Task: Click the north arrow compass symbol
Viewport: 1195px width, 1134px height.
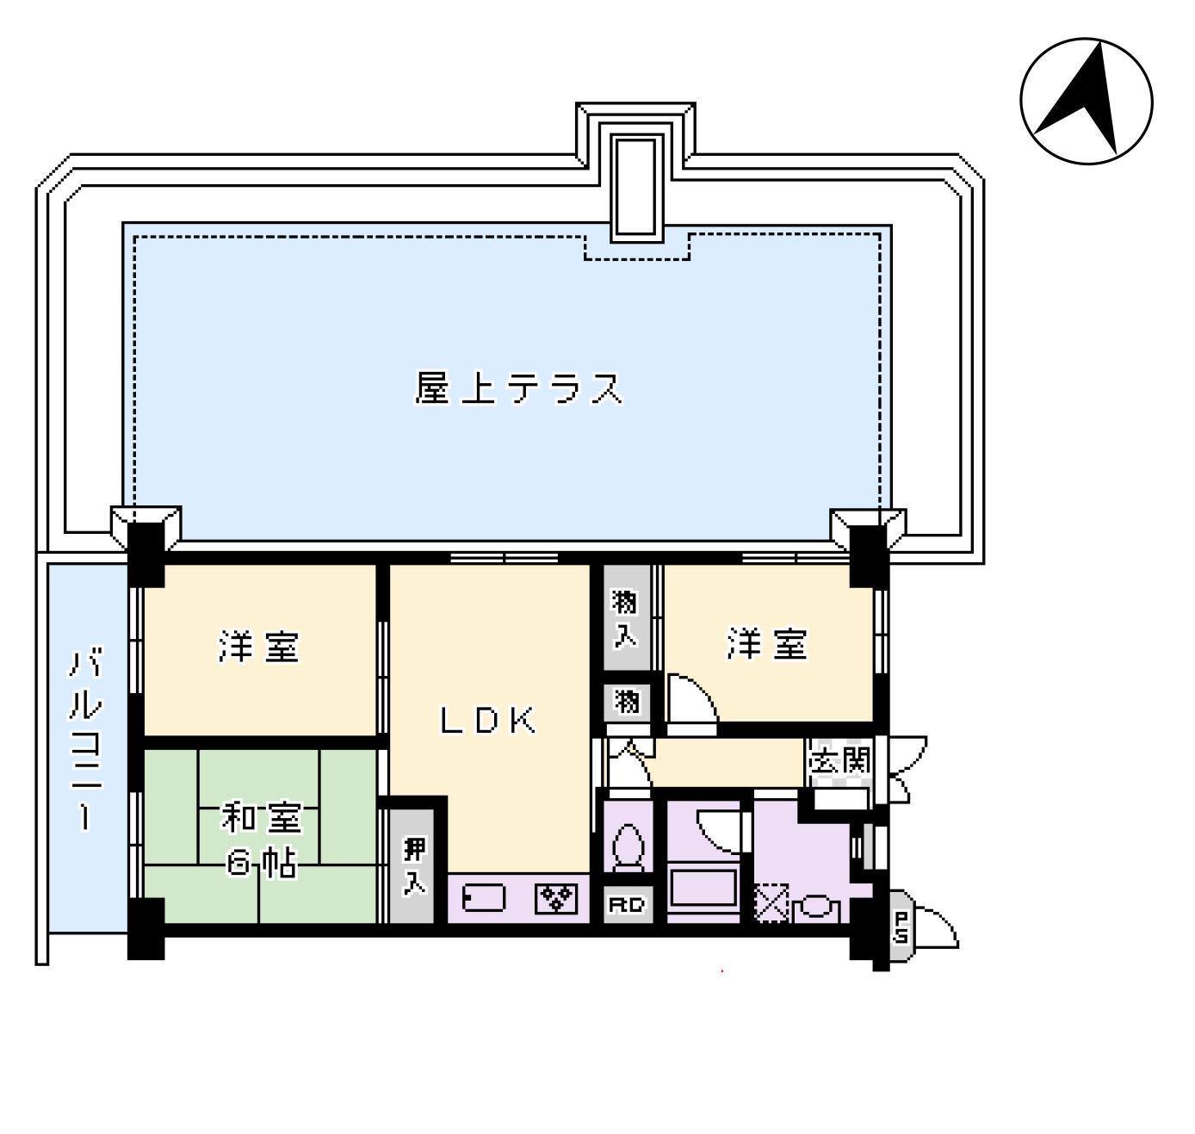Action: [1086, 101]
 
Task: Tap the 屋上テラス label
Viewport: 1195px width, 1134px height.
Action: [518, 389]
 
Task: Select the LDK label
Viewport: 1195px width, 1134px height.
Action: [488, 721]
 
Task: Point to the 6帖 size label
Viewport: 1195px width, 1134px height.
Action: [263, 864]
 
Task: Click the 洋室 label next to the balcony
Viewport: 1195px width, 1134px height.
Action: [258, 647]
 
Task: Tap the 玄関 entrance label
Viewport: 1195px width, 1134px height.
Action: [839, 760]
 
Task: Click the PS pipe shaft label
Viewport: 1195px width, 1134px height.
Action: [901, 927]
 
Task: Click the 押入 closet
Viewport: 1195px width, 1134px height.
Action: [415, 864]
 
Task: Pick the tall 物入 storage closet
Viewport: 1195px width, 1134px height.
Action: [625, 617]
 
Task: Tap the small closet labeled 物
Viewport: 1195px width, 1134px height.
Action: [627, 703]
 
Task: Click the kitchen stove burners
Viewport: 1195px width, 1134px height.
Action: [557, 899]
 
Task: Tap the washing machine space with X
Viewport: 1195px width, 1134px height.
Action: [771, 903]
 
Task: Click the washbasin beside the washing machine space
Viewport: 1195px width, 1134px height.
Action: [815, 908]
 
